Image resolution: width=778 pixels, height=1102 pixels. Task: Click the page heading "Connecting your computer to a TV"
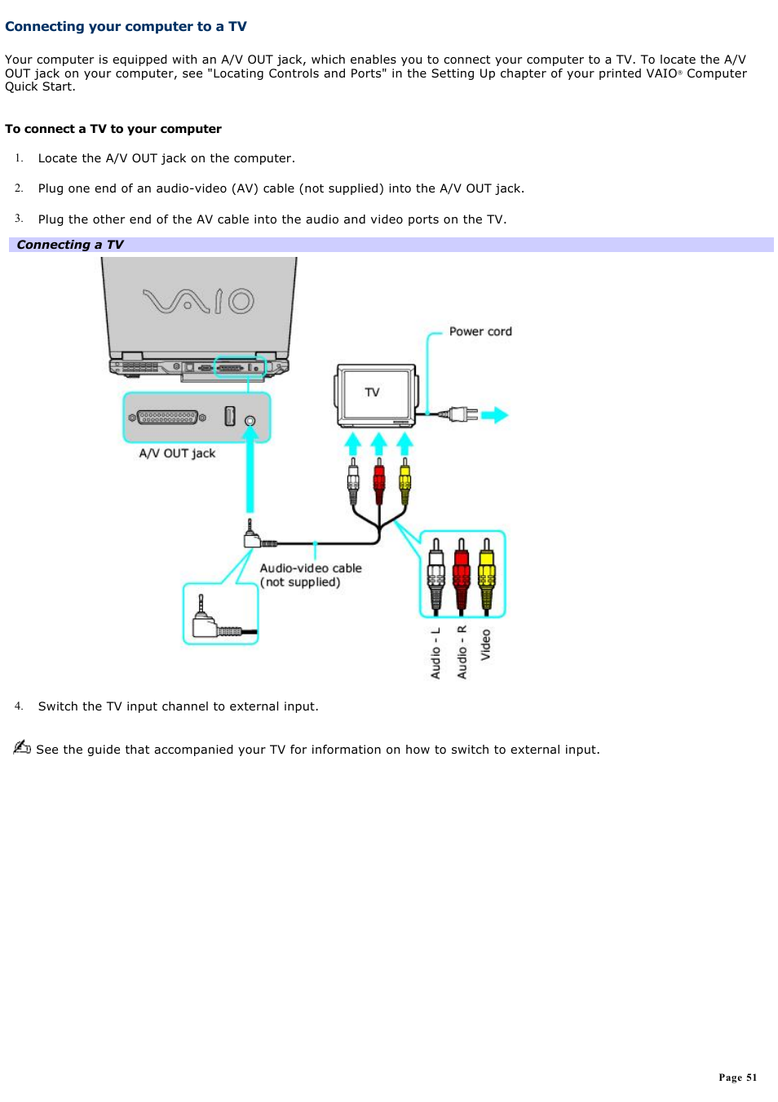pyautogui.click(x=126, y=26)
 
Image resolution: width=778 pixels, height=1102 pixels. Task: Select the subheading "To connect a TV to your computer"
pyautogui.click(x=113, y=129)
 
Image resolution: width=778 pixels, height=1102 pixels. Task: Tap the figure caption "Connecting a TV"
pyautogui.click(x=70, y=245)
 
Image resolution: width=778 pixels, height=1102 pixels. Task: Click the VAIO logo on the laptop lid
pyautogui.click(x=198, y=301)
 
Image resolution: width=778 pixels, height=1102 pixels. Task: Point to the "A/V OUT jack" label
pyautogui.click(x=177, y=454)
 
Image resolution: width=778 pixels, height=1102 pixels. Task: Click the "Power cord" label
pyautogui.click(x=480, y=331)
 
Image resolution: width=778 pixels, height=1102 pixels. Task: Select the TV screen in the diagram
pyautogui.click(x=376, y=393)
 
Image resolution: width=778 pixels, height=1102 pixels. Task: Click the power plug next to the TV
pyautogui.click(x=462, y=414)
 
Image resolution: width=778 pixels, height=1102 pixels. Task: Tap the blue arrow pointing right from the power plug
pyautogui.click(x=494, y=415)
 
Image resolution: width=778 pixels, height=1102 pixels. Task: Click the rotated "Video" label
pyautogui.click(x=486, y=644)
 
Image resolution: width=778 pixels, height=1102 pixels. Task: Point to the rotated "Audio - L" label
pyautogui.click(x=435, y=653)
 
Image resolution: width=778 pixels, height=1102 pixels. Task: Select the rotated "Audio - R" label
pyautogui.click(x=462, y=653)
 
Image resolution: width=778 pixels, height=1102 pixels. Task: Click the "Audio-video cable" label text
pyautogui.click(x=311, y=569)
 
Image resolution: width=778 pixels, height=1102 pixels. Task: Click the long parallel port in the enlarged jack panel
pyautogui.click(x=168, y=418)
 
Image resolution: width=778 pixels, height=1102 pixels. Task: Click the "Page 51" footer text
pyautogui.click(x=737, y=1078)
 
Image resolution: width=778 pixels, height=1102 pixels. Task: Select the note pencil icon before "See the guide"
pyautogui.click(x=22, y=747)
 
